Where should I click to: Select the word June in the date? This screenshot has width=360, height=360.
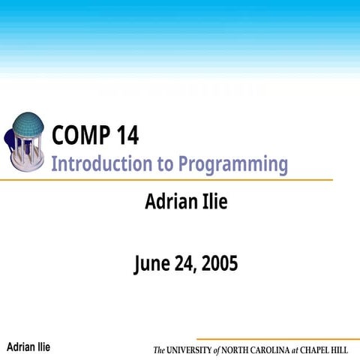click(x=153, y=264)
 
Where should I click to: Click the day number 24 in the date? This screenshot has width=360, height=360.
click(x=187, y=264)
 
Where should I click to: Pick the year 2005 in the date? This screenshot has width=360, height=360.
click(x=220, y=264)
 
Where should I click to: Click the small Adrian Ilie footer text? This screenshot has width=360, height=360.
click(x=28, y=346)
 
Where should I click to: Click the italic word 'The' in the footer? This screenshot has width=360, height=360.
click(x=159, y=350)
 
